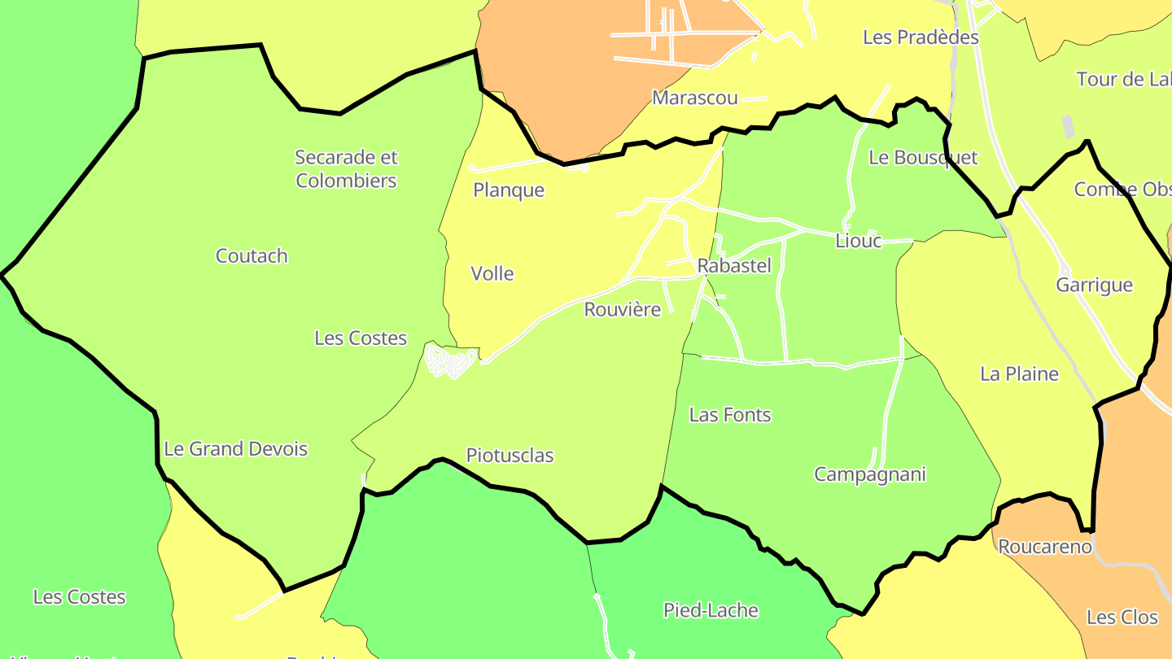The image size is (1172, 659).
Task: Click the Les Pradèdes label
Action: (x=921, y=37)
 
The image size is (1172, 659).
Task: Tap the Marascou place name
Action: (x=695, y=98)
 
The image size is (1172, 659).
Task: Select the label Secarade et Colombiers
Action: (x=346, y=168)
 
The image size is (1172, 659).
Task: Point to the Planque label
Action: (x=509, y=190)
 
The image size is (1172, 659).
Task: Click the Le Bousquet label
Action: (x=923, y=158)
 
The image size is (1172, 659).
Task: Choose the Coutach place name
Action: (x=251, y=256)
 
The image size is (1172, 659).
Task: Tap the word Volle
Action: (x=492, y=274)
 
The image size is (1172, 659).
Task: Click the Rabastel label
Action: (x=734, y=266)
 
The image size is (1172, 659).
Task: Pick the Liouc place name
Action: (x=858, y=241)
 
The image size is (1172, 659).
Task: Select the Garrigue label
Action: (x=1094, y=286)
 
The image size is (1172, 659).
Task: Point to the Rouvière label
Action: (x=623, y=310)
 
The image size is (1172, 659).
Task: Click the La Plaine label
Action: (x=1019, y=374)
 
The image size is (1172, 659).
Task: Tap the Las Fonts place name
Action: (x=730, y=415)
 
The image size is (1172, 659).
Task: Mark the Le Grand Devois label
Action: (x=236, y=449)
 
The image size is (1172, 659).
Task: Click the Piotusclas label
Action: (x=509, y=456)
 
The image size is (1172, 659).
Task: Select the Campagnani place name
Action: (x=870, y=474)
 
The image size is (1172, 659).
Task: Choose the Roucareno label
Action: (x=1045, y=547)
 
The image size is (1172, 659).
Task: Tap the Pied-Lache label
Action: (x=711, y=610)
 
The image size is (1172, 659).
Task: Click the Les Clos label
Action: (x=1122, y=618)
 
